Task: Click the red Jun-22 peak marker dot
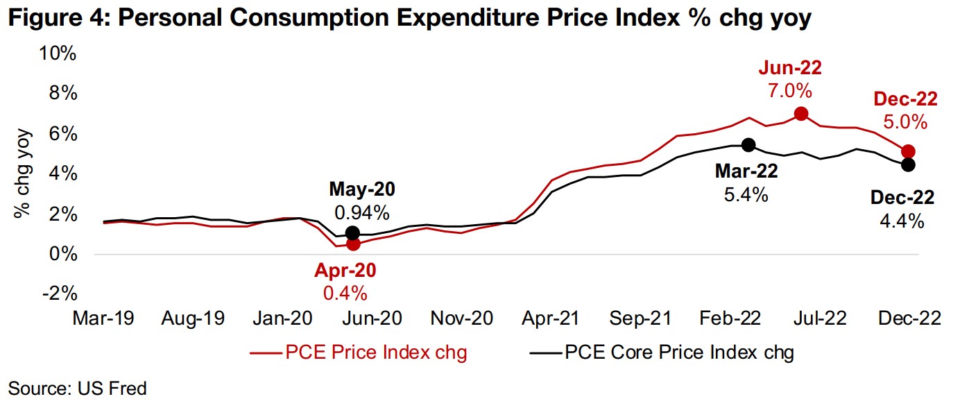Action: point(800,114)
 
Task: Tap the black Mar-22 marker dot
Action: point(748,144)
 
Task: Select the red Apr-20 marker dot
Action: point(353,244)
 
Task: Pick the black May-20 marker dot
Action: point(352,233)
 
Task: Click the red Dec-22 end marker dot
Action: point(909,151)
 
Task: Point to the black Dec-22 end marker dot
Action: point(908,164)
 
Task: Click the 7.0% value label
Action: point(790,91)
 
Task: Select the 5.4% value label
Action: point(747,194)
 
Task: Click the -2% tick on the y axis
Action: point(59,294)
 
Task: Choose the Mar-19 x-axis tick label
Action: point(103,318)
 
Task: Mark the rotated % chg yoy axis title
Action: point(23,173)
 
